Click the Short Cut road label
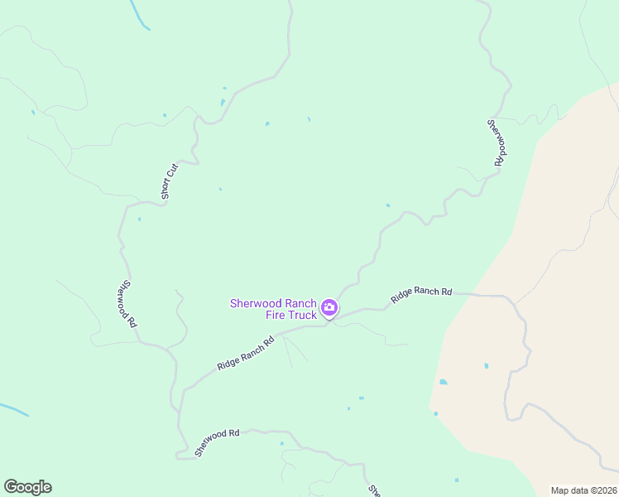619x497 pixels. (170, 181)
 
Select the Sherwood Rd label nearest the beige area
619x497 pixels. (495, 142)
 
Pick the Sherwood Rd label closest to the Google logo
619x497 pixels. (217, 443)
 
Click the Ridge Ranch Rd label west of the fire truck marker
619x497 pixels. (245, 353)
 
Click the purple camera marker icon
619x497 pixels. (329, 309)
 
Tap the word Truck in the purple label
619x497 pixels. (301, 315)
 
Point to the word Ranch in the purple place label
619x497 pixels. (300, 303)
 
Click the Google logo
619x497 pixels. (27, 487)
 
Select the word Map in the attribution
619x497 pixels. (561, 490)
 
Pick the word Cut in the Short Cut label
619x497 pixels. (174, 170)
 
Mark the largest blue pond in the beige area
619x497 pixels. (444, 382)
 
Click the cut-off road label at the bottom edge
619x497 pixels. (374, 490)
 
